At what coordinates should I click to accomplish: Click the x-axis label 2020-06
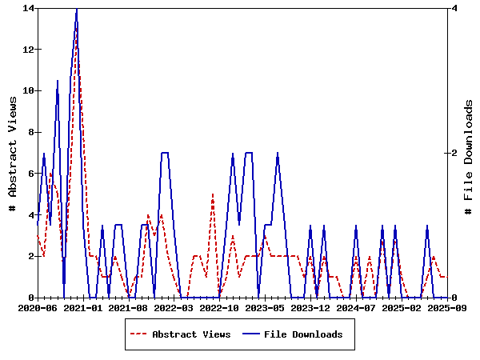(x=38, y=307)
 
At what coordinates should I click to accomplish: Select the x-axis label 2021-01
(x=83, y=307)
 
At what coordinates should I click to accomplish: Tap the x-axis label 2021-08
(x=129, y=307)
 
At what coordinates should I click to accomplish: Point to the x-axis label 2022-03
(x=174, y=307)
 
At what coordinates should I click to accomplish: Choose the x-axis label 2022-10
(x=220, y=307)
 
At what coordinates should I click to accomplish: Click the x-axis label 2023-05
(x=266, y=307)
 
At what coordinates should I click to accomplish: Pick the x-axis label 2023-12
(x=311, y=307)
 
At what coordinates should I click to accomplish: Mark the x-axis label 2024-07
(x=357, y=307)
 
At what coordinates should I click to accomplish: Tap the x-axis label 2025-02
(x=402, y=307)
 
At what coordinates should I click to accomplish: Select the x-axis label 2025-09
(x=448, y=307)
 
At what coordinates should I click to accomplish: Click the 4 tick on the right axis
(x=454, y=8)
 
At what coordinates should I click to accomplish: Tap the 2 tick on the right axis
(x=454, y=153)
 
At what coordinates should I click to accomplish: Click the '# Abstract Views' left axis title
(x=13, y=153)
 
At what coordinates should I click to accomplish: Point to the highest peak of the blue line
(x=77, y=8)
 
